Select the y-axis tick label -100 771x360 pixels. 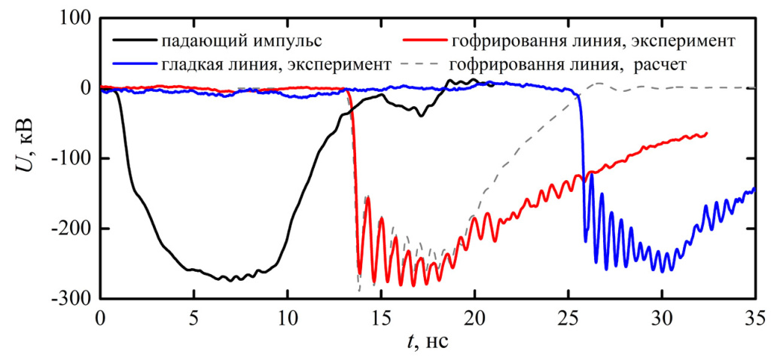(x=70, y=159)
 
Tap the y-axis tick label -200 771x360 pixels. (x=70, y=229)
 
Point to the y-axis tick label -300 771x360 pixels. (x=70, y=299)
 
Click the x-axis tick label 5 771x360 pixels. (x=194, y=317)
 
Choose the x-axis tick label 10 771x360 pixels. (x=288, y=317)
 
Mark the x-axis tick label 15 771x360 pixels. (x=382, y=317)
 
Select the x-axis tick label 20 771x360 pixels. (x=475, y=317)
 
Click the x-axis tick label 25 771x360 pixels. (x=568, y=317)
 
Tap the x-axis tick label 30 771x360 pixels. (x=662, y=317)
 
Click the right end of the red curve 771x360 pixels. (x=706, y=133)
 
